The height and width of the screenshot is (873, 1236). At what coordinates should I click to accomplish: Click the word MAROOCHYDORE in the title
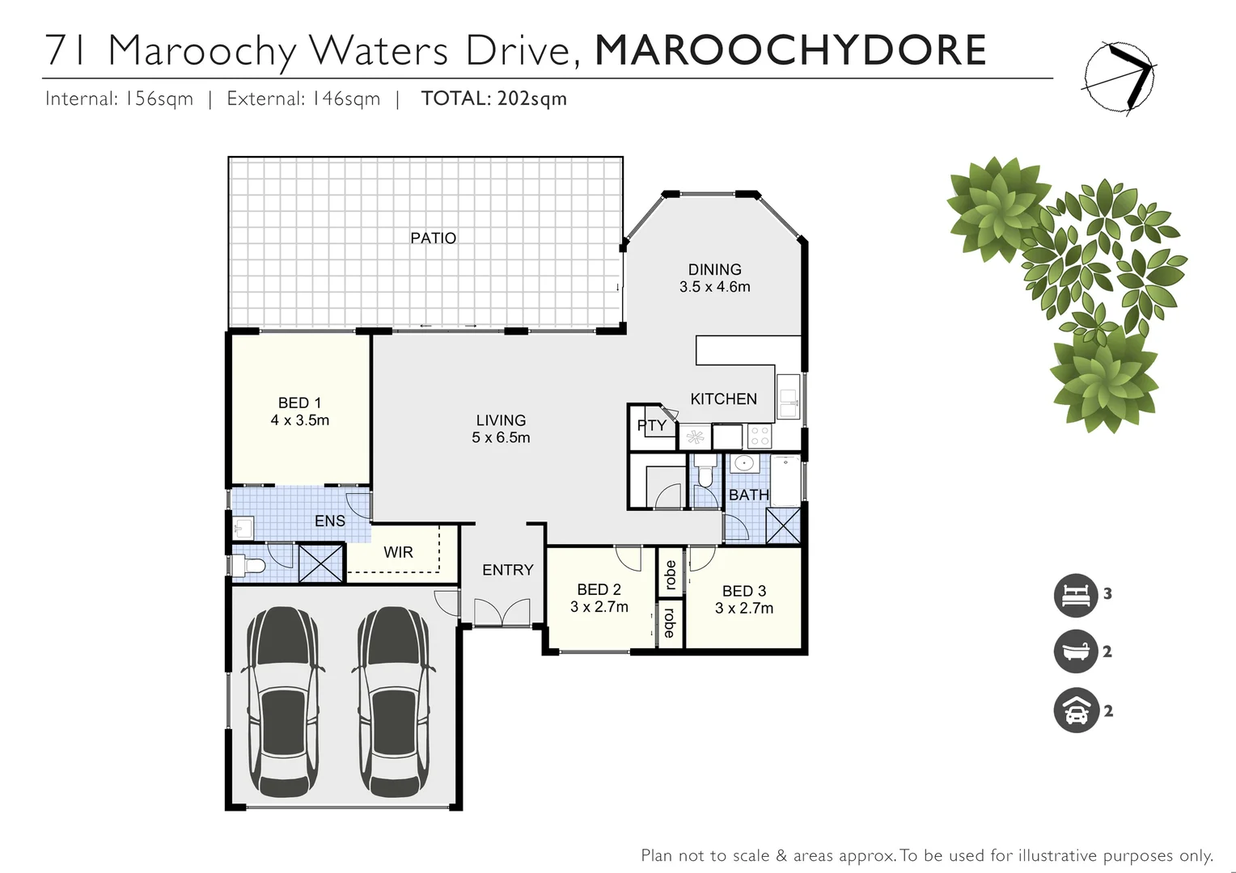tap(790, 50)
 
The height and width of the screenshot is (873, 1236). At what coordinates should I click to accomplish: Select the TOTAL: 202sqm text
tap(493, 99)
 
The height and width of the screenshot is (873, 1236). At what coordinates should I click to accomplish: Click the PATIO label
tap(433, 238)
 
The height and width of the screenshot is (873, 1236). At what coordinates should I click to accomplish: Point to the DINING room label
tap(714, 269)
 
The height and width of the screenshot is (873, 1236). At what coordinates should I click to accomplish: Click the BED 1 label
tap(299, 403)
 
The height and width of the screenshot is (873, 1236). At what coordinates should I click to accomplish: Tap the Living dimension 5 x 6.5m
tap(501, 437)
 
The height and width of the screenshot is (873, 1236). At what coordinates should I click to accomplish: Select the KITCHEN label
tap(723, 399)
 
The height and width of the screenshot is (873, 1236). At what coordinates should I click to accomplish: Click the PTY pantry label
tap(652, 425)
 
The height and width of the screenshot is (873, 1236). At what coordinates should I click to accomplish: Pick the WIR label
tap(398, 552)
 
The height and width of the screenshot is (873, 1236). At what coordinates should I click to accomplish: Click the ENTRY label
tap(507, 570)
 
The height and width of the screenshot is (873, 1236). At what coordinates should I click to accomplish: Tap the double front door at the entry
tap(502, 613)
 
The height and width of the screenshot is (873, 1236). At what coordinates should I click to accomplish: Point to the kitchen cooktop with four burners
tap(759, 436)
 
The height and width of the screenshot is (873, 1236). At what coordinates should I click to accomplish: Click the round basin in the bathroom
tap(743, 464)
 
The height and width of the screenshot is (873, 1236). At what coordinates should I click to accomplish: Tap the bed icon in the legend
tap(1075, 594)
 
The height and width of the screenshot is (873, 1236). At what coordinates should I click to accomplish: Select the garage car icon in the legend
tap(1075, 711)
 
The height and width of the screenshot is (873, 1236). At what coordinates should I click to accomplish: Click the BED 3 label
tap(743, 591)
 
